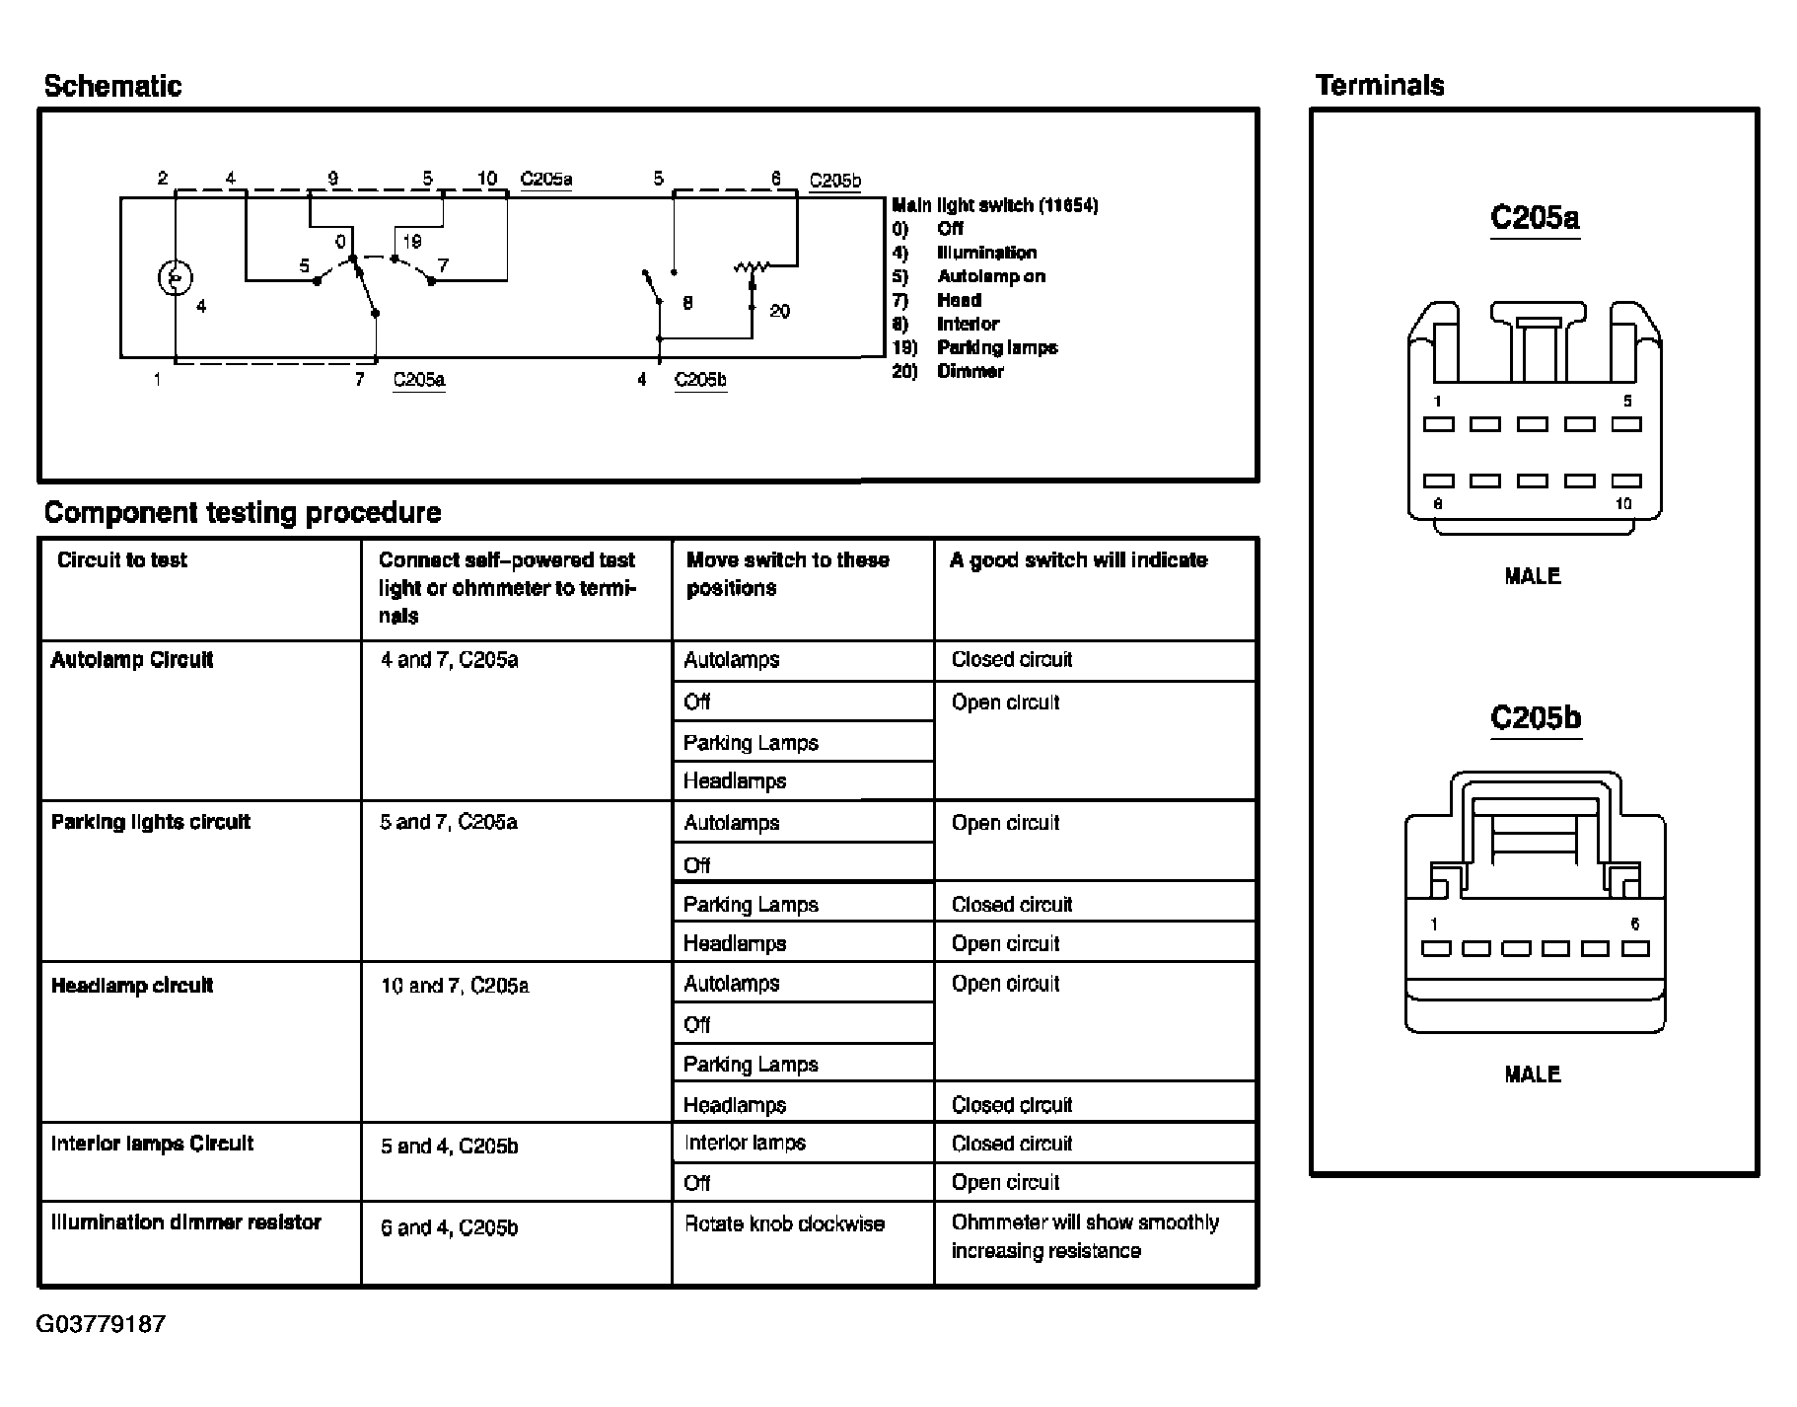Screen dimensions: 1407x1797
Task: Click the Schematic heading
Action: click(x=112, y=86)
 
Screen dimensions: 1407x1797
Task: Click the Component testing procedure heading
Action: click(x=243, y=512)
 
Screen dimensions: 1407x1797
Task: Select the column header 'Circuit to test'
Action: click(x=122, y=560)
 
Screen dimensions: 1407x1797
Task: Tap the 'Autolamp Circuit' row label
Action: click(x=132, y=660)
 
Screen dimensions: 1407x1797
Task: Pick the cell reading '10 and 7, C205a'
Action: click(x=455, y=986)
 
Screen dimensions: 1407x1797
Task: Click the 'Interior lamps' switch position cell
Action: click(x=745, y=1143)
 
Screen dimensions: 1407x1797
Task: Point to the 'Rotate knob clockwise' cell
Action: click(x=784, y=1223)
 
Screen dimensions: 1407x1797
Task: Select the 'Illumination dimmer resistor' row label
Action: click(x=186, y=1222)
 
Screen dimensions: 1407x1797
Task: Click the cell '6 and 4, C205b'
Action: click(x=449, y=1227)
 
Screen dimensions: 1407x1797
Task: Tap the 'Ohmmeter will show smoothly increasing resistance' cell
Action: click(x=1085, y=1236)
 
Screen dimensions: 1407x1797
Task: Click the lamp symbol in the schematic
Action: click(x=175, y=278)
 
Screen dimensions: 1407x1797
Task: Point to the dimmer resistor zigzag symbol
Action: click(x=752, y=267)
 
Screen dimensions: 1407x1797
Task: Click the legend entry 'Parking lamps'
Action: click(x=996, y=347)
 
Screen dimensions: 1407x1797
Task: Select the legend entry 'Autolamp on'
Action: click(x=990, y=276)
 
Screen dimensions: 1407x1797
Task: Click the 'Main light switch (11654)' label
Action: click(x=994, y=205)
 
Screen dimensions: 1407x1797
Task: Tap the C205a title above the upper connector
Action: click(x=1534, y=217)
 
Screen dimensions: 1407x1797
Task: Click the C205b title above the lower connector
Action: click(x=1535, y=717)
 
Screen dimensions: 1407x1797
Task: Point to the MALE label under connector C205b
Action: click(x=1533, y=1074)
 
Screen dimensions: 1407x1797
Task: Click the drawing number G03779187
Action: click(x=101, y=1324)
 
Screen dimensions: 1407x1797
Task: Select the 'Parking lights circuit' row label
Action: click(x=151, y=822)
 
